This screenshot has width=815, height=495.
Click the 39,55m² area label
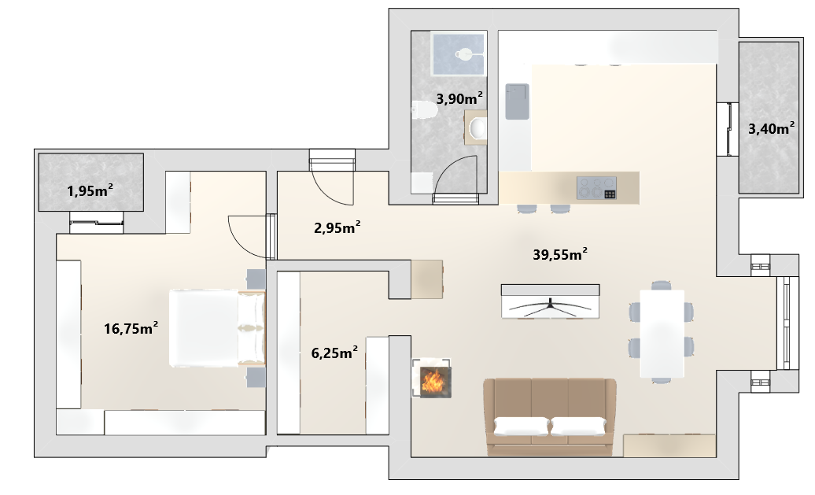560,254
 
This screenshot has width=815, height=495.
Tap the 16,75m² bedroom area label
131,328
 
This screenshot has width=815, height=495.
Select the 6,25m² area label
334,353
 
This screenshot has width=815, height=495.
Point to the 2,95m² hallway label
337,227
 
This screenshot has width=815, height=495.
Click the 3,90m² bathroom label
459,98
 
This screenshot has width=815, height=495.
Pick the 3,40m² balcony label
771,128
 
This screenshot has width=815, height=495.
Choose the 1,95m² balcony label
90,190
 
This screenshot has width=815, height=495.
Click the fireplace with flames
432,378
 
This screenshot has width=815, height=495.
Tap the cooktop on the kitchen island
596,188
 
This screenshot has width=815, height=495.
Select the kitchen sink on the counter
517,102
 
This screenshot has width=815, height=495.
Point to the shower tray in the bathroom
459,54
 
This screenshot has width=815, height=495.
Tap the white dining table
662,334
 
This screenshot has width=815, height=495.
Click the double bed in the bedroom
217,328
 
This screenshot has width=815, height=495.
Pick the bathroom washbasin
477,127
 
